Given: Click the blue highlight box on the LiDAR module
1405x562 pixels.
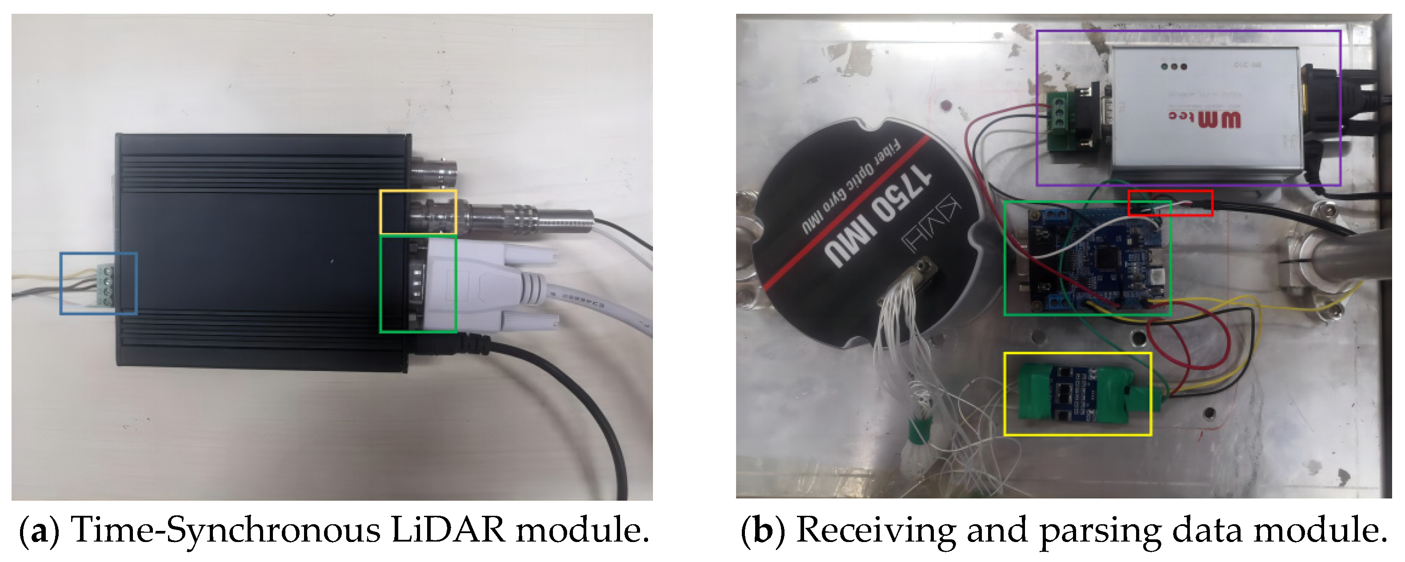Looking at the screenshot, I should point(98,283).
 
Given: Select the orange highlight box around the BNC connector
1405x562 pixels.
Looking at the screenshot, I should point(418,212).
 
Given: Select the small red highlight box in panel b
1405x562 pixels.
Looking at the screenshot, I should point(1170,203).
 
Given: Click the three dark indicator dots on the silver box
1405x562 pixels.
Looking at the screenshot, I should point(1174,67).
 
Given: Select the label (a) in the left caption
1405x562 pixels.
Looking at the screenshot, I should point(38,530).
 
